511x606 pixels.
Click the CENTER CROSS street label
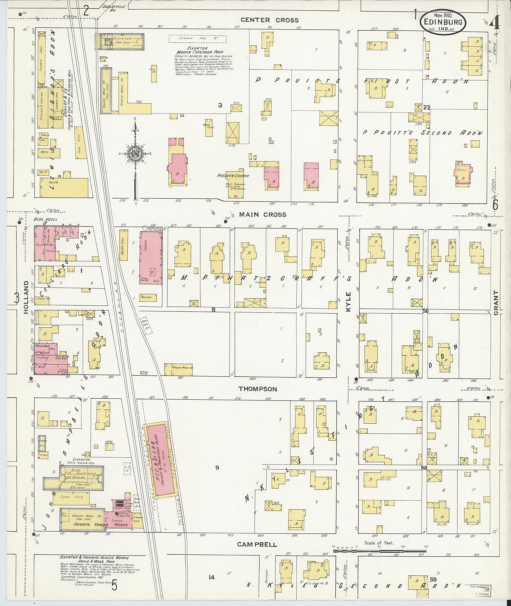tap(269, 20)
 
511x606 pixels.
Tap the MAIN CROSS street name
tap(263, 215)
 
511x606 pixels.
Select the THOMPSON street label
tap(258, 389)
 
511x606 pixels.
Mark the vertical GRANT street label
tap(496, 303)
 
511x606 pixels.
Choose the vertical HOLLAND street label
tap(26, 297)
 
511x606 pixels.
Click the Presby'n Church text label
tap(233, 176)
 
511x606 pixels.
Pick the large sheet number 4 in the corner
tap(495, 22)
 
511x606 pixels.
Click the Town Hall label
tap(41, 346)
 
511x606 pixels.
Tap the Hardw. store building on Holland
tap(64, 187)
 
